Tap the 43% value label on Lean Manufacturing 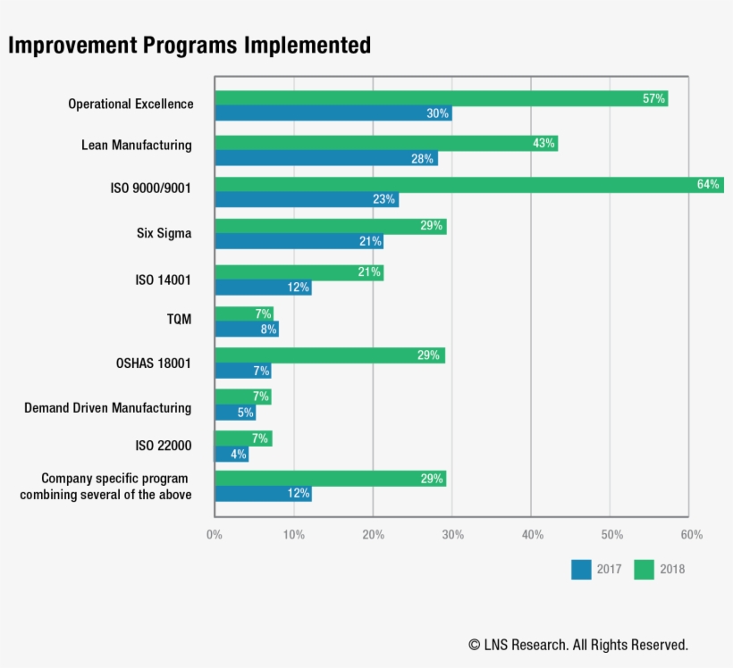click(543, 143)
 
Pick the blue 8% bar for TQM click(246, 329)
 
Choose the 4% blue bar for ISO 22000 click(231, 455)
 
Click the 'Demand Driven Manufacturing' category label click(107, 408)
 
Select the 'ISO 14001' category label click(163, 280)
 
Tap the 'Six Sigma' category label click(164, 234)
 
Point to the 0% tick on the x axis click(215, 535)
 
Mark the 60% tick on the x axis click(691, 535)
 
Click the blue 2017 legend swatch click(581, 569)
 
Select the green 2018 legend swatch click(644, 569)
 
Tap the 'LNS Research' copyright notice click(577, 644)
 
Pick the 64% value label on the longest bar click(708, 185)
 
